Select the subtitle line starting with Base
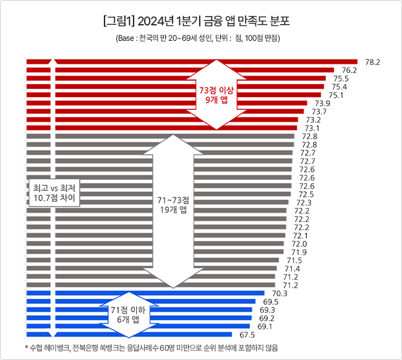pos(198,38)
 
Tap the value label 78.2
pos(372,62)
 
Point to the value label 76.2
pos(349,71)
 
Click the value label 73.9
pos(322,103)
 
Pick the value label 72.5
pos(306,194)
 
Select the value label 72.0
pos(299,244)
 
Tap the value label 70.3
pos(280,293)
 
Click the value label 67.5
pos(247,335)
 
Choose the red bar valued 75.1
pos(174,95)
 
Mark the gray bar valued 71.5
pos(153,260)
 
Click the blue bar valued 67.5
pos(129,335)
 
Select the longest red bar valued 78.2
pos(192,62)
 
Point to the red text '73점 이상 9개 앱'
pos(216,95)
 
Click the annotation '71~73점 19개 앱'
pos(173,205)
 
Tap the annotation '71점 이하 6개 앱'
pos(128,315)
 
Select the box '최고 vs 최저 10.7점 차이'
pos(54,193)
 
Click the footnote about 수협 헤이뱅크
pos(152,348)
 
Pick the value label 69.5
pos(271,302)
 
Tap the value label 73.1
pos(312,128)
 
